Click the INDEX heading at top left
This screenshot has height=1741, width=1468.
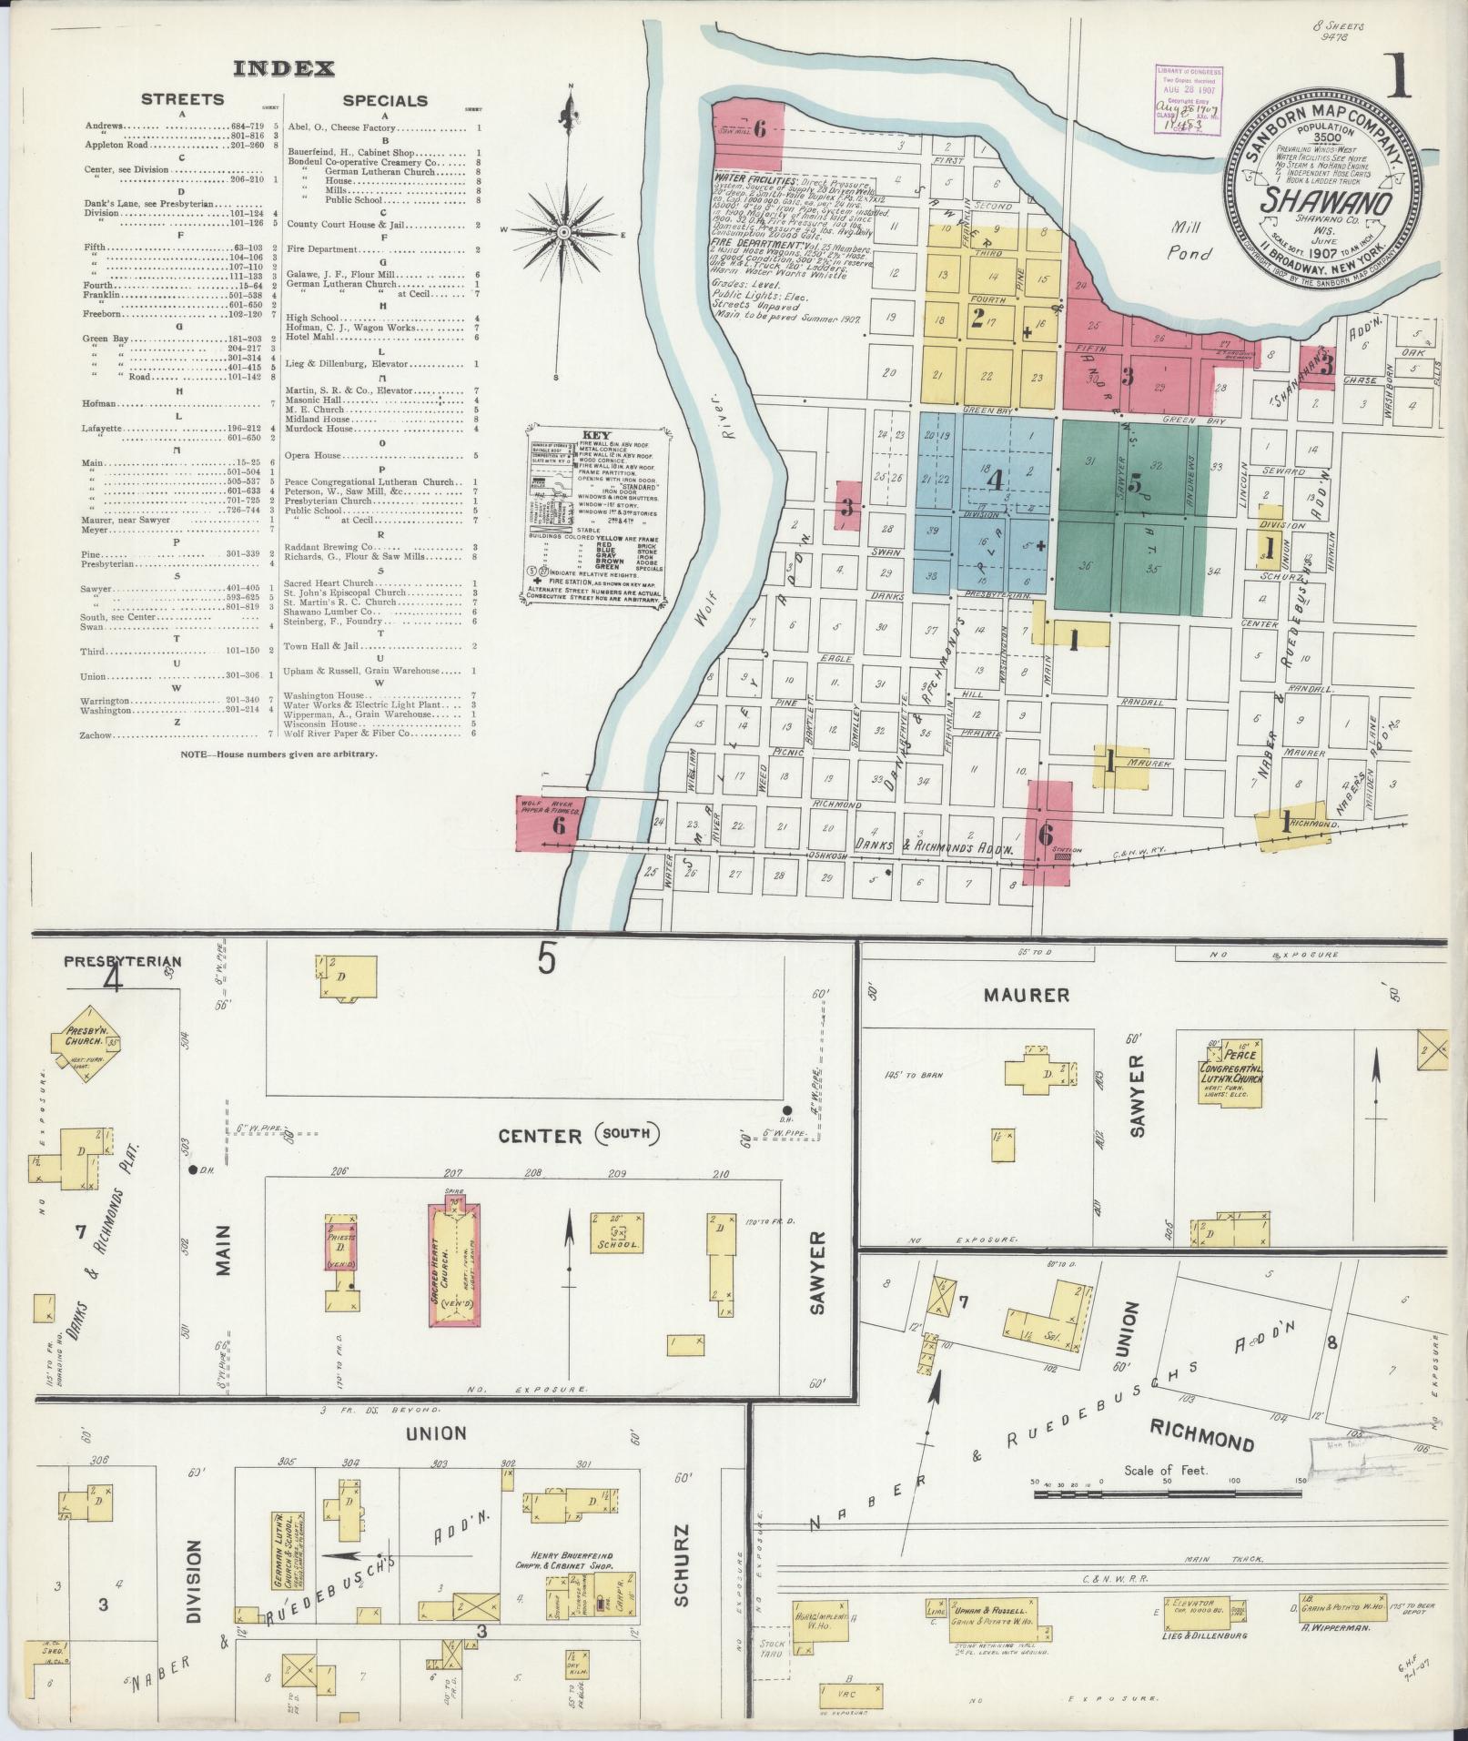point(284,68)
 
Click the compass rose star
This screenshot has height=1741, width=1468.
point(564,233)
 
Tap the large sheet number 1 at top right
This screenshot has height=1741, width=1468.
point(1397,76)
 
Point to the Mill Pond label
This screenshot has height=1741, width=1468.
point(1190,245)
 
